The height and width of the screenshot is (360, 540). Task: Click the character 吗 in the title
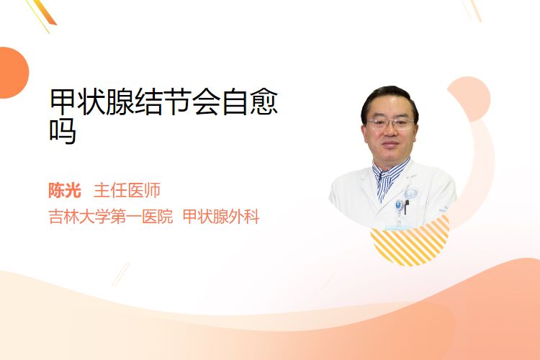tap(63, 131)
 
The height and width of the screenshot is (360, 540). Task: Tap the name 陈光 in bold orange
tap(65, 191)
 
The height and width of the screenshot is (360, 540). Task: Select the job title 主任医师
tap(127, 191)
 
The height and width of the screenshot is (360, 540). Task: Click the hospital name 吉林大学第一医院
tap(111, 217)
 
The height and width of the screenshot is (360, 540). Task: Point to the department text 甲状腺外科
tap(221, 217)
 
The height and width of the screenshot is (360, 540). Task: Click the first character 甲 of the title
tap(63, 102)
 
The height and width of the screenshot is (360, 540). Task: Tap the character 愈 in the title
tap(264, 102)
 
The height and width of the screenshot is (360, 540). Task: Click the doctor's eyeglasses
tap(390, 123)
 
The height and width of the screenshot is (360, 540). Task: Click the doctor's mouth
tap(390, 144)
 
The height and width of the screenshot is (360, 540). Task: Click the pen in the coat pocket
tap(406, 206)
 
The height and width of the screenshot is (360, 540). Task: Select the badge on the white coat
tap(399, 206)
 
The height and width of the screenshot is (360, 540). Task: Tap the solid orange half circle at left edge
tap(13, 73)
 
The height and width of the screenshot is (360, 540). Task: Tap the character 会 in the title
tap(207, 102)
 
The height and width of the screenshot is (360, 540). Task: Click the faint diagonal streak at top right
tap(472, 9)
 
